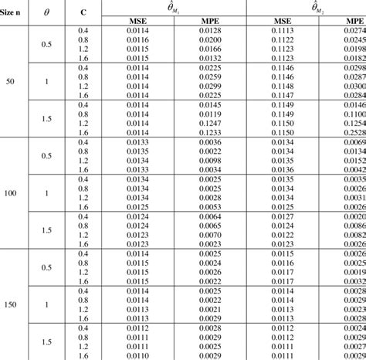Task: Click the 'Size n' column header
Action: click(x=14, y=14)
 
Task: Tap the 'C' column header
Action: click(x=83, y=14)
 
